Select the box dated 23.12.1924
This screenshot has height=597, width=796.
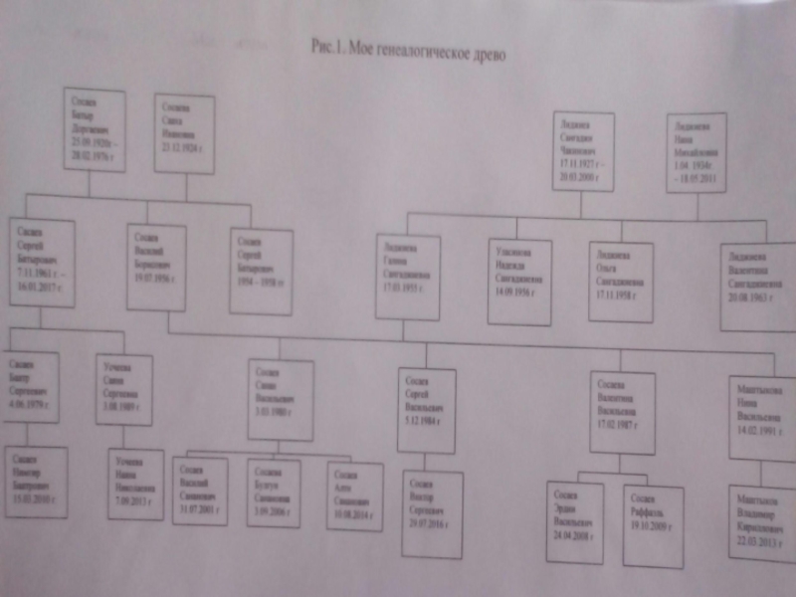click(184, 133)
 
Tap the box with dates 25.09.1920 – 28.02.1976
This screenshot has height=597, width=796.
click(95, 128)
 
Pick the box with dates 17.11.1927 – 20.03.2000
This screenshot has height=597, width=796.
click(583, 150)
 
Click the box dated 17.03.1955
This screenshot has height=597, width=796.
click(408, 276)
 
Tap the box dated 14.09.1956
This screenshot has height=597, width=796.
click(519, 280)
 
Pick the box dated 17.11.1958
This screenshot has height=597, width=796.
click(620, 282)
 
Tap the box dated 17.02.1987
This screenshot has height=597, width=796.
click(622, 410)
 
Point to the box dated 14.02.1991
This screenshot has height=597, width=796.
click(761, 416)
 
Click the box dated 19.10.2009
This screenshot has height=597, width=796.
click(653, 525)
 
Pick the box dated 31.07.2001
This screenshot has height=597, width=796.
click(199, 491)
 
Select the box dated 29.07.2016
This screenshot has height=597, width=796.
click(436, 513)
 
